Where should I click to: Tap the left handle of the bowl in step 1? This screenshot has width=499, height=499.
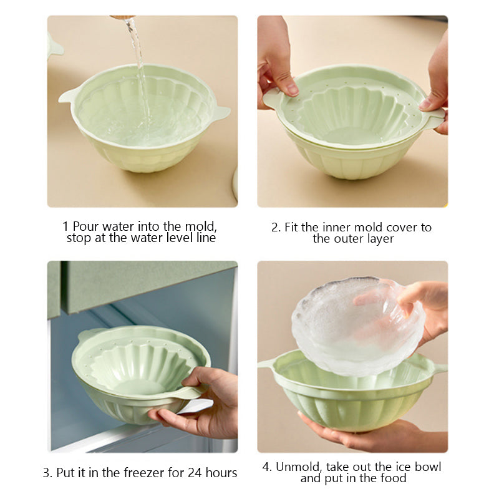[67, 96]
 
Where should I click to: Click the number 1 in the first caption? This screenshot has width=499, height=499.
[65, 226]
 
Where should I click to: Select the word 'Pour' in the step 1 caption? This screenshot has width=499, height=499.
[86, 226]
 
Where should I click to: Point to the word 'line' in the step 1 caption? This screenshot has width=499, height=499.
[205, 238]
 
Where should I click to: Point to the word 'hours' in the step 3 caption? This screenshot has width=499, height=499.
[220, 473]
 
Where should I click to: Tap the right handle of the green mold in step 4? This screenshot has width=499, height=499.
[438, 368]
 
